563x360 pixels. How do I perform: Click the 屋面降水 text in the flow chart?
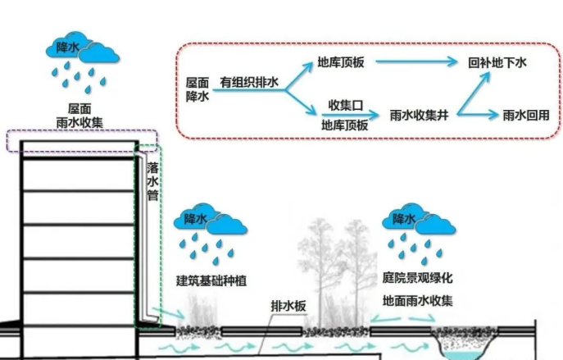click(x=198, y=89)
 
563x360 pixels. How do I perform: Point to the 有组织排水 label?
click(x=249, y=83)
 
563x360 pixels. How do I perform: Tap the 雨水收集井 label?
click(x=419, y=116)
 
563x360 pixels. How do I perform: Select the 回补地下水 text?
click(x=497, y=62)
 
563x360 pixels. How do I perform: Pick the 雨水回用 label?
click(x=525, y=116)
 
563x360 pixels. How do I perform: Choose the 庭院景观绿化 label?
click(x=418, y=278)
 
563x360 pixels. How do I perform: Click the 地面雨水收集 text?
click(x=418, y=301)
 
